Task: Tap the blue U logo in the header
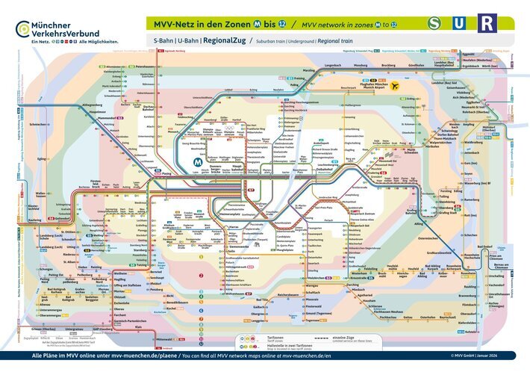460,24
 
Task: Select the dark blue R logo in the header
486,24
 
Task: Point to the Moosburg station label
361,66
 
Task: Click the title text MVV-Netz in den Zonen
202,22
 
